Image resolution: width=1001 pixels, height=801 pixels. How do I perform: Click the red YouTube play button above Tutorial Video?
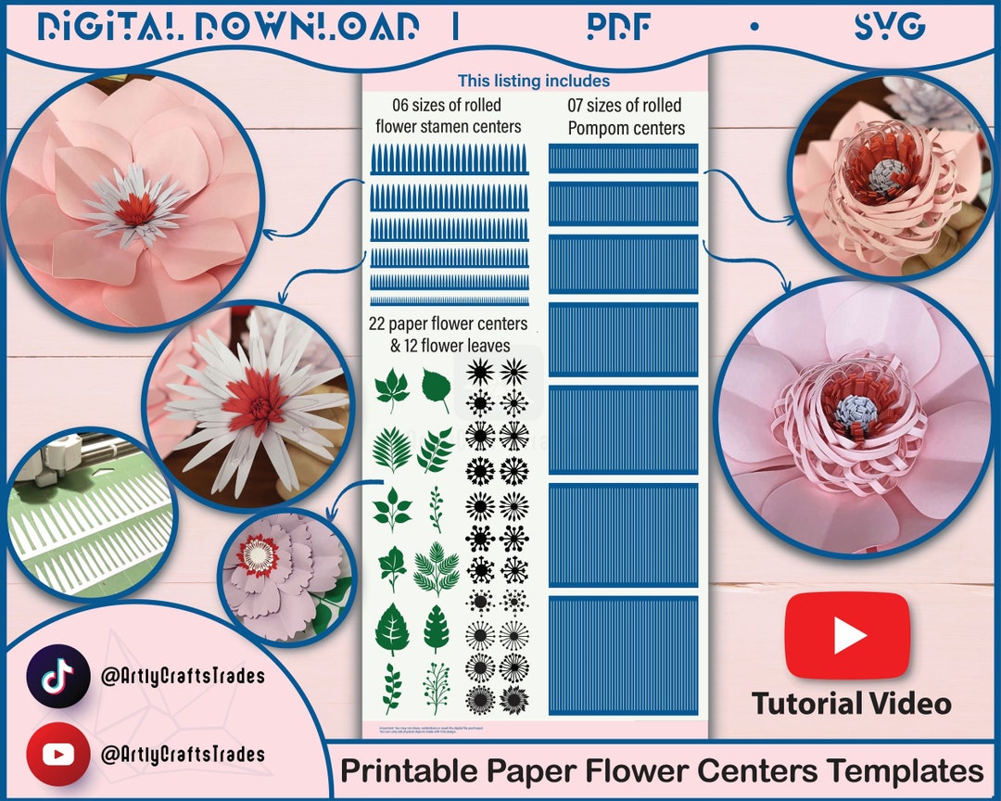[x=847, y=636]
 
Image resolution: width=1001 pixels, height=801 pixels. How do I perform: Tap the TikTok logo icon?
[x=57, y=676]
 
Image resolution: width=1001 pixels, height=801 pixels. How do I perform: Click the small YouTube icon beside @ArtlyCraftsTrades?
[x=57, y=754]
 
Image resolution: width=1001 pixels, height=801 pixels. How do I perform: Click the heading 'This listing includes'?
[x=534, y=82]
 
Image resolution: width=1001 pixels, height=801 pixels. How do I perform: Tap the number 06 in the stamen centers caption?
[x=389, y=104]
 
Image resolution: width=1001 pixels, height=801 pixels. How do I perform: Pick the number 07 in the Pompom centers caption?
[x=578, y=106]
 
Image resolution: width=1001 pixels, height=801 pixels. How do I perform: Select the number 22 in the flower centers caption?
[x=378, y=324]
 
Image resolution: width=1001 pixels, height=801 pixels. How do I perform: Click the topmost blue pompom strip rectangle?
[x=623, y=159]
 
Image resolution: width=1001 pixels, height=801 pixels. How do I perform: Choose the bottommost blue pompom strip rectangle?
[x=623, y=655]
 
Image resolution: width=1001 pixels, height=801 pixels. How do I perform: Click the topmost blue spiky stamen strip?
[x=450, y=159]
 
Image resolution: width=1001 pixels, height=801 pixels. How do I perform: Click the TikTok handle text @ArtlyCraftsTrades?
[x=183, y=676]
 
